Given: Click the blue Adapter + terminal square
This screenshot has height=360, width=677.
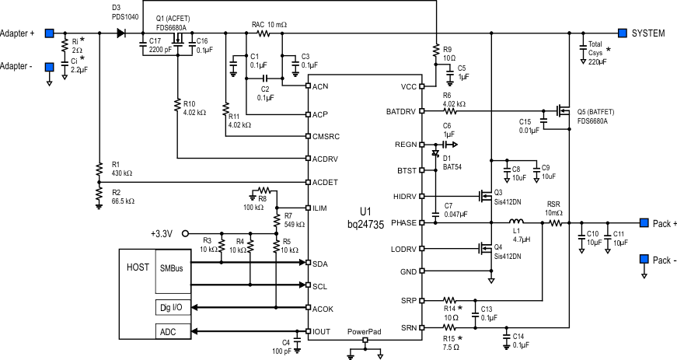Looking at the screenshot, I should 49,33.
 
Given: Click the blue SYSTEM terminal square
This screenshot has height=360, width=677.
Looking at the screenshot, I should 623,33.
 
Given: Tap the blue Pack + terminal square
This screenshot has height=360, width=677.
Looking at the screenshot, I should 644,222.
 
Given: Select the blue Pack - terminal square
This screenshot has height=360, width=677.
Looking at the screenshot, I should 644,259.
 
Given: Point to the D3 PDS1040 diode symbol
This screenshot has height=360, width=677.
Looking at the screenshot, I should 120,33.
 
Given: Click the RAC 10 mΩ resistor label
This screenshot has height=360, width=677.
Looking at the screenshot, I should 269,25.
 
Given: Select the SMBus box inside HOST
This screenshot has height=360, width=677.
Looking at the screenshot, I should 173,268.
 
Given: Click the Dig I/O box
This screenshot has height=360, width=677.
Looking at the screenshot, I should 173,307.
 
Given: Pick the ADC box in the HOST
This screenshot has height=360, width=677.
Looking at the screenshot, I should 168,333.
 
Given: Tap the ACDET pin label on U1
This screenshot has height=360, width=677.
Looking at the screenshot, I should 324,182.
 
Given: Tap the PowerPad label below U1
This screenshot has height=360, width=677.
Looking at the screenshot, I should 365,331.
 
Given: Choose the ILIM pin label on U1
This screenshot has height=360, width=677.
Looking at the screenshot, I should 322,208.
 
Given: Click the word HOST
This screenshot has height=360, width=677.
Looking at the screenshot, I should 138,267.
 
